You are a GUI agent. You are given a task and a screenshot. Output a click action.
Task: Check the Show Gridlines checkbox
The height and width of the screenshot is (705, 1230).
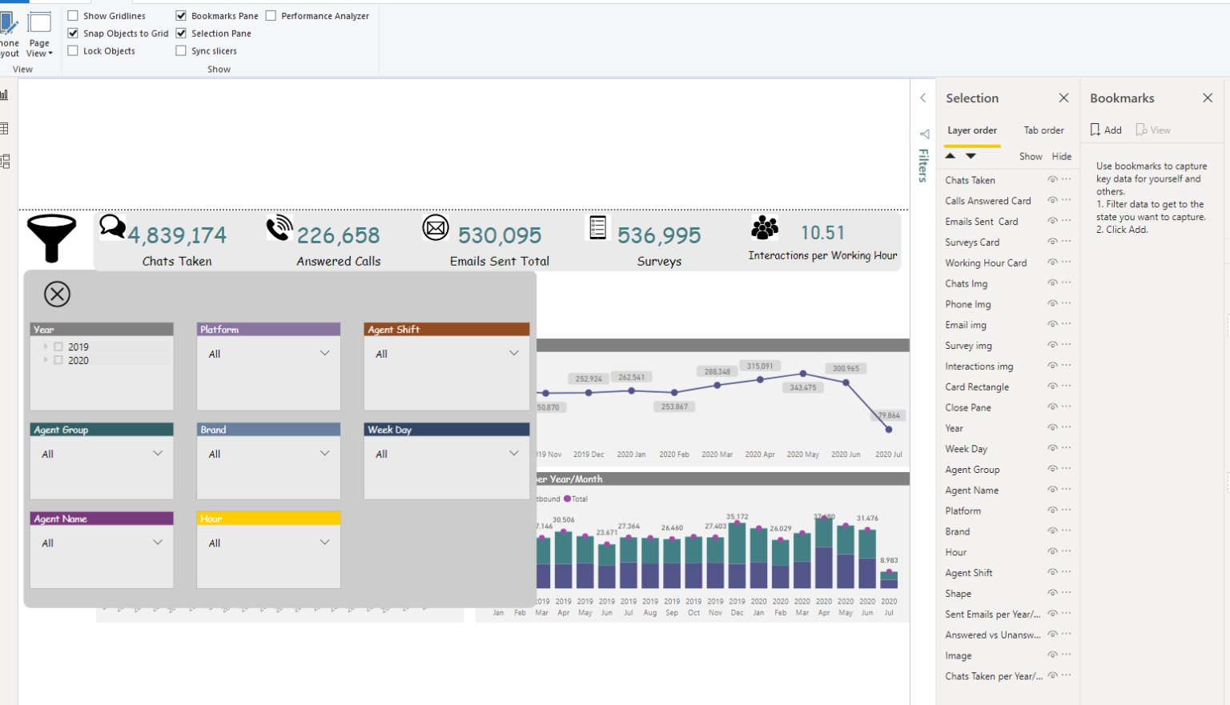[x=73, y=16]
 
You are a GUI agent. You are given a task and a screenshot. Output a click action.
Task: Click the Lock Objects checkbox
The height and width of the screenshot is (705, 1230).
[x=73, y=51]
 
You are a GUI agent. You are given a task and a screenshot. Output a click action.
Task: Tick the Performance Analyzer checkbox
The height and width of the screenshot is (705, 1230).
[x=271, y=16]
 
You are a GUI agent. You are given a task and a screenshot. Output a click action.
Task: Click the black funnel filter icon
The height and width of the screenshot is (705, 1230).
[x=51, y=237]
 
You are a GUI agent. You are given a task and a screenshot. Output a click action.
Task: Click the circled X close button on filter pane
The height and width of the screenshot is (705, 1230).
[x=57, y=294]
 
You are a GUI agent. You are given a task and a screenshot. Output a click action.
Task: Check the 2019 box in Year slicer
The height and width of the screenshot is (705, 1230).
[x=58, y=347]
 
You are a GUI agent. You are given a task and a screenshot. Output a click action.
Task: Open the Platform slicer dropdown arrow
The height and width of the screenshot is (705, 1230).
[x=324, y=353]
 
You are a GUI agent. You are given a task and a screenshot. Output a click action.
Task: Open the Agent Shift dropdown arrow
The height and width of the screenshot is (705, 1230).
[x=513, y=353]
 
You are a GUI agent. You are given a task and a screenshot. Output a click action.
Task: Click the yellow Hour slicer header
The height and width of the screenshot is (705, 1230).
[x=268, y=519]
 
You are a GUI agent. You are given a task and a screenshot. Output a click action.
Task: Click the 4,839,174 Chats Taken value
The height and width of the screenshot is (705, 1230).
[x=177, y=235]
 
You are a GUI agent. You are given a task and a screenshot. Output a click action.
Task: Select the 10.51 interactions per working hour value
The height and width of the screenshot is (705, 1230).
[x=822, y=233]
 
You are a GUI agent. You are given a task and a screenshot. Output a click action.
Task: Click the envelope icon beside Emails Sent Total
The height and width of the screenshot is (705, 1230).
[x=436, y=229]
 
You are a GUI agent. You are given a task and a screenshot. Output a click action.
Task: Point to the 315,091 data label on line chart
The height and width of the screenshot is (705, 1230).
[x=760, y=366]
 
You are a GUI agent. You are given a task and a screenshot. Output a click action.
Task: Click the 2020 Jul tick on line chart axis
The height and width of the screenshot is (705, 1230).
[x=888, y=455]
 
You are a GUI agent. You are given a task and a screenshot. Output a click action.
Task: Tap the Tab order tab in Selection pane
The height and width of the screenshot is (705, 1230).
[x=1043, y=130]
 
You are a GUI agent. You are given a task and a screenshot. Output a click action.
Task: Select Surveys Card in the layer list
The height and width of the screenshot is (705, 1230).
[x=972, y=242]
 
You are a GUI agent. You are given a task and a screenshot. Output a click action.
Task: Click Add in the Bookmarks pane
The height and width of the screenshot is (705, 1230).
[x=1106, y=130]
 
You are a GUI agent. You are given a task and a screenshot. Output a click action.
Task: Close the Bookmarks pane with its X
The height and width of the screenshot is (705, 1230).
[x=1208, y=98]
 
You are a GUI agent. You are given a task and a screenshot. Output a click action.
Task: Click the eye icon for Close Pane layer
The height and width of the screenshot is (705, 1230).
[x=1052, y=407]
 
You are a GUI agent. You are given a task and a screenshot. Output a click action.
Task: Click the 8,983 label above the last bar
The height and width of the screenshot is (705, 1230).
[x=888, y=560]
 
